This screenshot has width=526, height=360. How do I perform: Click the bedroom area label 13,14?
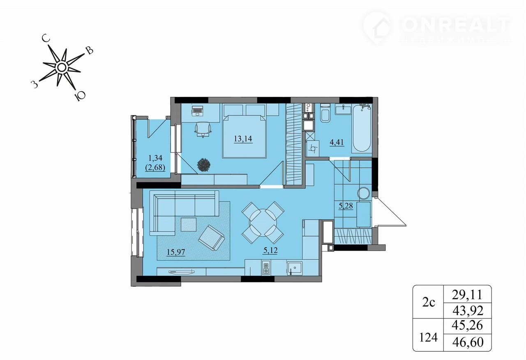click(243, 139)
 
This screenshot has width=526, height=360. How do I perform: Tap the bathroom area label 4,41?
click(337, 142)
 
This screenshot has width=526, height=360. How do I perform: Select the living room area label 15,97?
click(176, 252)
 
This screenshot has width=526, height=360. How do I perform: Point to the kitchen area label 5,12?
click(270, 251)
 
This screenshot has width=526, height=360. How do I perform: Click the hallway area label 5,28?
click(346, 206)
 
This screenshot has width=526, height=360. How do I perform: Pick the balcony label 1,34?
click(155, 158)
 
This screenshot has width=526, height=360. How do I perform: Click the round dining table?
click(263, 222)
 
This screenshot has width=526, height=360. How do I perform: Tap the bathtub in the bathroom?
click(362, 128)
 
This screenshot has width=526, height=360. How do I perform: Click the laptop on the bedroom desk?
click(197, 111)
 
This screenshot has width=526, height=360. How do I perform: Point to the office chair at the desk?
click(203, 129)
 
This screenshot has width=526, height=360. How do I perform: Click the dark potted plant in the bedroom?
click(204, 165)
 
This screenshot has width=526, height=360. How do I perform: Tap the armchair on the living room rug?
click(212, 238)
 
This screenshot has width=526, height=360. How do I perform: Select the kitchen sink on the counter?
click(295, 268)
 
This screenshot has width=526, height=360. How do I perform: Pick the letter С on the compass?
click(46, 38)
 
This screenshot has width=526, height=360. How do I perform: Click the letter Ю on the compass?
click(80, 96)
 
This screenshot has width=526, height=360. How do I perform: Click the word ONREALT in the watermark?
click(455, 25)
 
